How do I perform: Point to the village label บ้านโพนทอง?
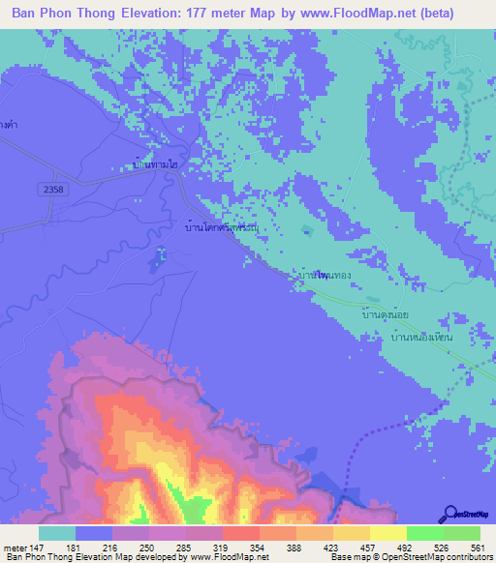tap(325, 277)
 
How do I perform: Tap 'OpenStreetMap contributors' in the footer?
tap(449, 557)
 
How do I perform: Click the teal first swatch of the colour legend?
tap(56, 532)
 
